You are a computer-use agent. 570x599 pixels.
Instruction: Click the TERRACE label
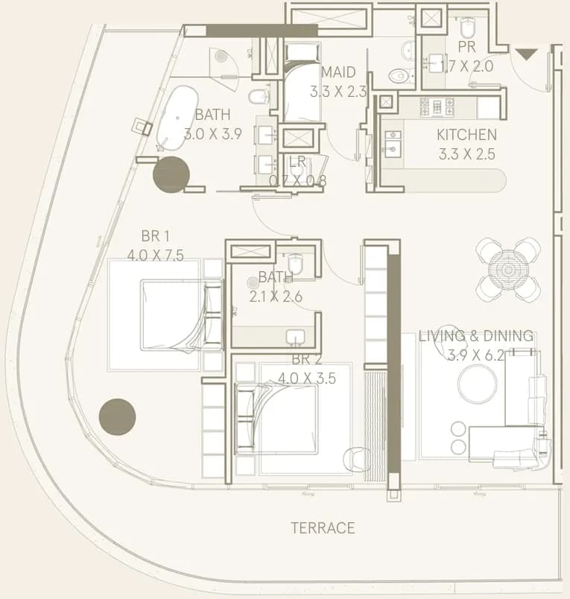click(x=323, y=528)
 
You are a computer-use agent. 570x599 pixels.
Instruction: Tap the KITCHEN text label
click(x=466, y=135)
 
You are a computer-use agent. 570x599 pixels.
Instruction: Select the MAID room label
click(x=338, y=72)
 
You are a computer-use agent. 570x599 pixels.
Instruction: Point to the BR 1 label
click(x=155, y=236)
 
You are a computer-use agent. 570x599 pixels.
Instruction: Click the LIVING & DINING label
click(x=476, y=336)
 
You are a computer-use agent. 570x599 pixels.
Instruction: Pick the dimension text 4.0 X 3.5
click(x=307, y=378)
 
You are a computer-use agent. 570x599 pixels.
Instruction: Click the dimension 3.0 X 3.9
click(x=213, y=134)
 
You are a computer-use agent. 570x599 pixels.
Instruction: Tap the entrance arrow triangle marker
click(x=527, y=54)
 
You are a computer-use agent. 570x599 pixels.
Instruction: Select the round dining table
click(x=508, y=270)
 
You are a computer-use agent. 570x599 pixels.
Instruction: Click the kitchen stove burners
click(x=437, y=107)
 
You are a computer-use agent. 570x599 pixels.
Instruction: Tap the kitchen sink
click(x=393, y=144)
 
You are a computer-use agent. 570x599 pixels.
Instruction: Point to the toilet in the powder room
click(x=467, y=28)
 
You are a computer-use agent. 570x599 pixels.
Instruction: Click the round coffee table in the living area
click(x=478, y=383)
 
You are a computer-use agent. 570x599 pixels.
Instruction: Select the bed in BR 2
click(x=276, y=419)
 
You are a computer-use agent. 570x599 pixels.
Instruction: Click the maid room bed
click(x=303, y=82)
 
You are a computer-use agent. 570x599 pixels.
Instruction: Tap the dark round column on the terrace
click(x=117, y=416)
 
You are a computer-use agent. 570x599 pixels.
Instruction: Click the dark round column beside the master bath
click(x=171, y=174)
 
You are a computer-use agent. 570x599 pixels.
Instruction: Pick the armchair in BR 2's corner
click(x=356, y=460)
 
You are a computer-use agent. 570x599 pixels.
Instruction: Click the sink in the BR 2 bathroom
click(x=295, y=337)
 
